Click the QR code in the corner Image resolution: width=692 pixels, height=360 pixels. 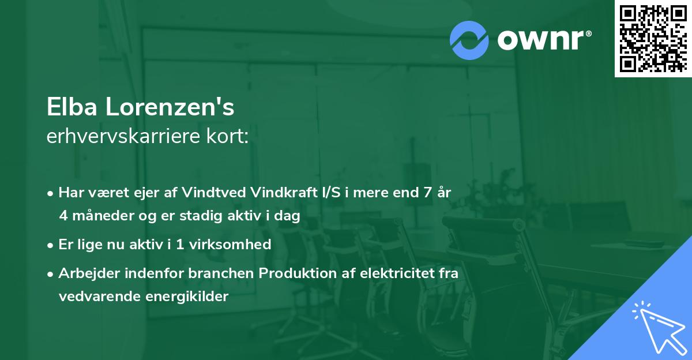point(652,39)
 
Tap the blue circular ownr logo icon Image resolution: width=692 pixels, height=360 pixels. point(469,40)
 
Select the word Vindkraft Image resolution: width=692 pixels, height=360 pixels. point(283,193)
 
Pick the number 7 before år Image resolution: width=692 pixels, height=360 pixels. point(427,193)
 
